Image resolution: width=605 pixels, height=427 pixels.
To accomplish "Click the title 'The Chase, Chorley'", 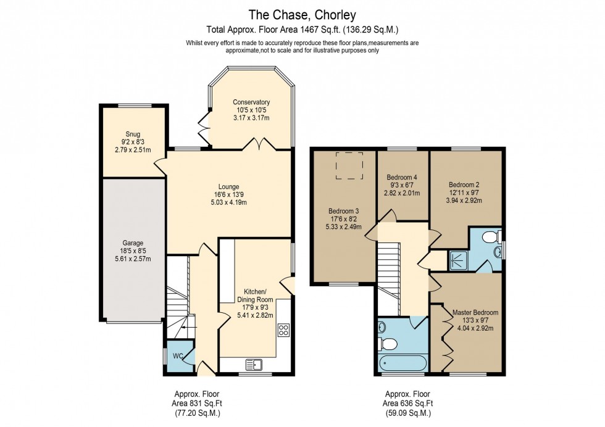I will [x=302, y=14].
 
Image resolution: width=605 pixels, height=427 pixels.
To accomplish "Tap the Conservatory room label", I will [x=251, y=102].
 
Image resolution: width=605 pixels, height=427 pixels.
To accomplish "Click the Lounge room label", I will [x=228, y=187].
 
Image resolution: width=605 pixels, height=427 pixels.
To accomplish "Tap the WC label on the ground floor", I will [x=177, y=356].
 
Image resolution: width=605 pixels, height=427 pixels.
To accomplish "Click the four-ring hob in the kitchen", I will [x=285, y=330].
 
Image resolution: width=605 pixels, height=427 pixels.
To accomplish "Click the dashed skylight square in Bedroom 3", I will [x=349, y=166].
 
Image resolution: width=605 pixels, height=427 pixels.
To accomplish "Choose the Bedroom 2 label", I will [x=464, y=184].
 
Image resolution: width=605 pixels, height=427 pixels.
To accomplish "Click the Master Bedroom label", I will [x=475, y=312].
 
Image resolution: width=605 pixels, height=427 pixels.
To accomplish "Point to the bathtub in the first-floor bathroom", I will [x=399, y=364].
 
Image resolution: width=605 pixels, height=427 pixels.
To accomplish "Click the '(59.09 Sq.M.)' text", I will [x=407, y=413].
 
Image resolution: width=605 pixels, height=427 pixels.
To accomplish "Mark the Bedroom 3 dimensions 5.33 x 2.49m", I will [x=343, y=226].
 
